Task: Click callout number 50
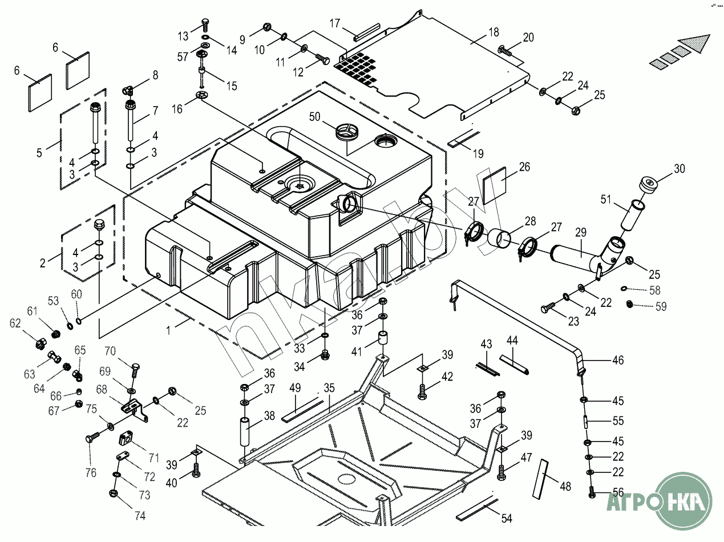pyautogui.click(x=315, y=117)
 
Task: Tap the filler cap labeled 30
pyautogui.click(x=649, y=185)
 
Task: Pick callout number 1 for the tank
pyautogui.click(x=168, y=329)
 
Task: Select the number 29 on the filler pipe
pyautogui.click(x=581, y=233)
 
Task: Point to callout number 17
pyautogui.click(x=335, y=24)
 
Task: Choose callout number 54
pyautogui.click(x=507, y=519)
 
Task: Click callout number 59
pyautogui.click(x=661, y=306)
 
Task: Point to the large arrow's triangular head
pyautogui.click(x=695, y=45)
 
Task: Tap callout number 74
pyautogui.click(x=140, y=516)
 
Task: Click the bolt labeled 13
pyautogui.click(x=205, y=25)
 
